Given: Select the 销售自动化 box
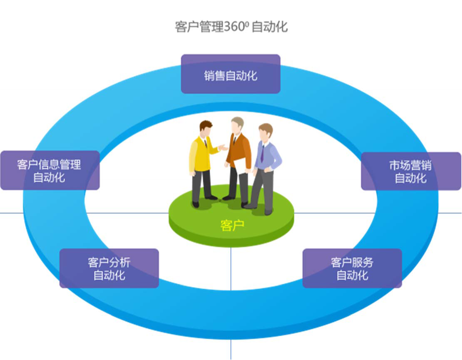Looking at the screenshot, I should (x=231, y=74).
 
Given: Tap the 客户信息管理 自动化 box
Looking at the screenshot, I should (x=50, y=171).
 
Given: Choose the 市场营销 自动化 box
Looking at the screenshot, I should (x=411, y=171).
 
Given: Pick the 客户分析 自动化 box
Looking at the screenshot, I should (x=109, y=268).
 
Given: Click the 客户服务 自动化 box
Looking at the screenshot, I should (x=352, y=268).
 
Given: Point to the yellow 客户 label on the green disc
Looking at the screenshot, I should (x=232, y=225).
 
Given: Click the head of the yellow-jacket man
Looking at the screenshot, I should (x=206, y=128).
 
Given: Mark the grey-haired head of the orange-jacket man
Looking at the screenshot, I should (x=238, y=124).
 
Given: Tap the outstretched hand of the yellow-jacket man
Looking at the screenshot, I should (x=224, y=147).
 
